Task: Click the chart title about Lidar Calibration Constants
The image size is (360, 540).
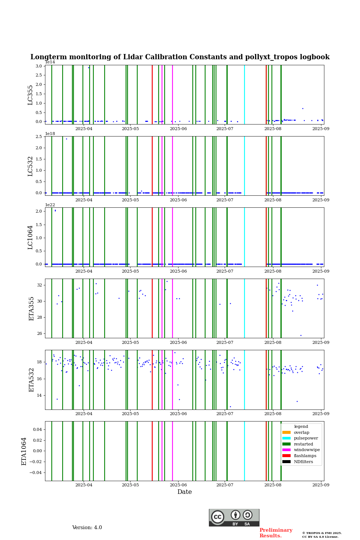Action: (x=180, y=57)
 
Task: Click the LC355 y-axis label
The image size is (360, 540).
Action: (x=30, y=95)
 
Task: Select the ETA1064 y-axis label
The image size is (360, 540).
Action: (x=24, y=451)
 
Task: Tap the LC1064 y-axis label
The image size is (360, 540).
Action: (x=30, y=237)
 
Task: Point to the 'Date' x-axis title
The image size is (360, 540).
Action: (x=184, y=492)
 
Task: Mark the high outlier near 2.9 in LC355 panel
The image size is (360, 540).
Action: (x=88, y=67)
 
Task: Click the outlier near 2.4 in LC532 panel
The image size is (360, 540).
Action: (x=66, y=139)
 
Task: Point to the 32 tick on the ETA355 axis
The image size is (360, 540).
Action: (x=40, y=285)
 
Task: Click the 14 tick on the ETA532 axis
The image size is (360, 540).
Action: (x=40, y=395)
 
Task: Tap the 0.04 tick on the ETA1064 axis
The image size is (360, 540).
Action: (x=37, y=429)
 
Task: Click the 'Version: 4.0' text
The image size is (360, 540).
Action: (x=87, y=528)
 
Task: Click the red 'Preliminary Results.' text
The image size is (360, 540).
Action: (x=276, y=533)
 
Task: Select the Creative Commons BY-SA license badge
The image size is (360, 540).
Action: (x=234, y=517)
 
